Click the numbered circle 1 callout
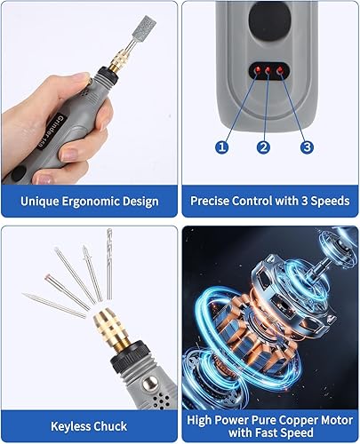(x=222, y=147)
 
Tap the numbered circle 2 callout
(x=263, y=147)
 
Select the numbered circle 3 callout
(x=307, y=147)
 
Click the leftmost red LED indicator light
(x=258, y=70)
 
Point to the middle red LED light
(x=268, y=70)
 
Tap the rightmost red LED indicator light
(x=279, y=70)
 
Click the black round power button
(x=269, y=19)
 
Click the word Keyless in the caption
(x=70, y=426)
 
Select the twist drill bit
(x=109, y=264)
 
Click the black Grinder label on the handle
(x=51, y=132)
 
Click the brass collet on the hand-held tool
(x=116, y=63)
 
